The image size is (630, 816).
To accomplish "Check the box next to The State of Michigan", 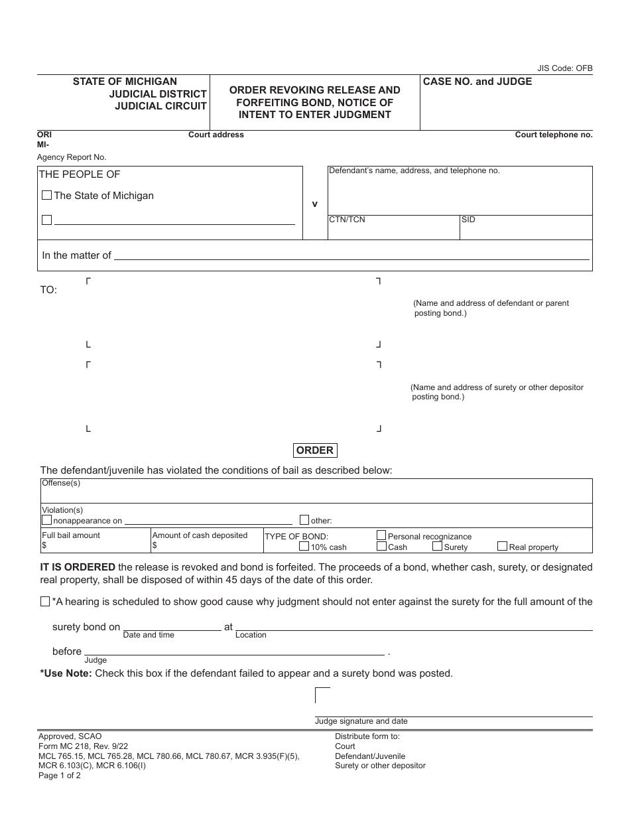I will (x=46, y=196).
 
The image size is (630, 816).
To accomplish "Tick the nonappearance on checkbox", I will (x=47, y=521).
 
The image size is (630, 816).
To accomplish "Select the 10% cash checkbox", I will (x=304, y=547).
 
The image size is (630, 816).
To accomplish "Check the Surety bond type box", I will (x=437, y=547).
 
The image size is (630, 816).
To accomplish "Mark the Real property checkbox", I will (x=503, y=547).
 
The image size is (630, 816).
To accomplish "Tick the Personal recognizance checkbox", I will (x=381, y=535).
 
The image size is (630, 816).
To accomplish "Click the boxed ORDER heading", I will (x=315, y=450).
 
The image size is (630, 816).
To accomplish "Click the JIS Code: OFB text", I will (x=565, y=68).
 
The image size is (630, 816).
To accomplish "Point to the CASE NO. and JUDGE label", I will (x=477, y=82).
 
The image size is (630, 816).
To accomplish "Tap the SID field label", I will (x=468, y=220).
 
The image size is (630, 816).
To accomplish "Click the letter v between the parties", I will (x=315, y=204).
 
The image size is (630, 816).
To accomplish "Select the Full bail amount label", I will (x=71, y=535).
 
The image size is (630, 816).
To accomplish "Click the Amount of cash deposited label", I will (x=200, y=535).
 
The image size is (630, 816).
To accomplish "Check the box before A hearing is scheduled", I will (x=45, y=602).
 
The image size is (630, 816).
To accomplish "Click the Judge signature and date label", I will (x=361, y=721).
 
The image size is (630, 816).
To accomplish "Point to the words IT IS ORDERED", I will (x=78, y=567).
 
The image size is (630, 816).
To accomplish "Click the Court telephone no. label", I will (x=554, y=135).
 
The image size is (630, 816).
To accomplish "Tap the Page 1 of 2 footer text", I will (x=60, y=776).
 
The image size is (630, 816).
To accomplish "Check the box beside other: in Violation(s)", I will (x=304, y=520).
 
